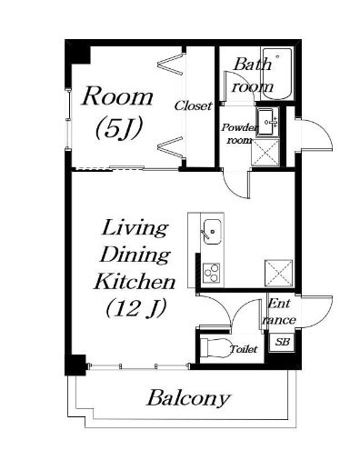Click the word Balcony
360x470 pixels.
(188, 399)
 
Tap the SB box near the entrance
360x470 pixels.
(282, 342)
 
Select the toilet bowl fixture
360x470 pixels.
(215, 347)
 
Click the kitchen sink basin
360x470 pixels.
(212, 231)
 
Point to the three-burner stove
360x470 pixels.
(211, 274)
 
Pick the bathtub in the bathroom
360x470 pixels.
(277, 74)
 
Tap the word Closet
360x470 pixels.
(193, 105)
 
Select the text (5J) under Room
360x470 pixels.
(119, 129)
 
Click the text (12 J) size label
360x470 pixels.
(136, 308)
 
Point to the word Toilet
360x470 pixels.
(244, 349)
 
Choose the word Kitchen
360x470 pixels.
(135, 282)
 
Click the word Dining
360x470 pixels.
(135, 255)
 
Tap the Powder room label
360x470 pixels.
(239, 134)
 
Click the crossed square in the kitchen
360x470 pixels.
(279, 273)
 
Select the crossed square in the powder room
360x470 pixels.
(265, 152)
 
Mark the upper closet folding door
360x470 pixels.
(171, 65)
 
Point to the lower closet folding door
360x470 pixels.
(171, 147)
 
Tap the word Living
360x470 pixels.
(135, 229)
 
